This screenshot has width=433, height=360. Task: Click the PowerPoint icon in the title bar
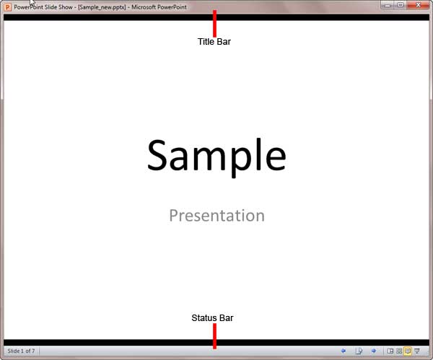(7, 5)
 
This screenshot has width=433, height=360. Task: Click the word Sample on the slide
(216, 155)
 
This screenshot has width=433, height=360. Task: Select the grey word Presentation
(216, 215)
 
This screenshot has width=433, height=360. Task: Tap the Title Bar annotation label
(214, 42)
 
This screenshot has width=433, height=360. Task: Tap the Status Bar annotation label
(212, 318)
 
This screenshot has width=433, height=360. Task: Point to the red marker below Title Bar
(214, 23)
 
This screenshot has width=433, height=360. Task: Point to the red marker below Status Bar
(214, 335)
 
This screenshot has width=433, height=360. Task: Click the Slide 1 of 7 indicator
(21, 351)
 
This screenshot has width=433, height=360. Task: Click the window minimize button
(388, 4)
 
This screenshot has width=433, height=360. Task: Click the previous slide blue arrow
(343, 351)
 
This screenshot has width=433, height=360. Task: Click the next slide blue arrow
(373, 351)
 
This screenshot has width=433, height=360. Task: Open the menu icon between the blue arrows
(358, 351)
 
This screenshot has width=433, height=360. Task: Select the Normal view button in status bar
(390, 351)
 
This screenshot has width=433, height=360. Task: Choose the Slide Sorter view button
(398, 351)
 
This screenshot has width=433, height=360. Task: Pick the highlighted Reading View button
(408, 351)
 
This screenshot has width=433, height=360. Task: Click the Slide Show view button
(417, 351)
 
